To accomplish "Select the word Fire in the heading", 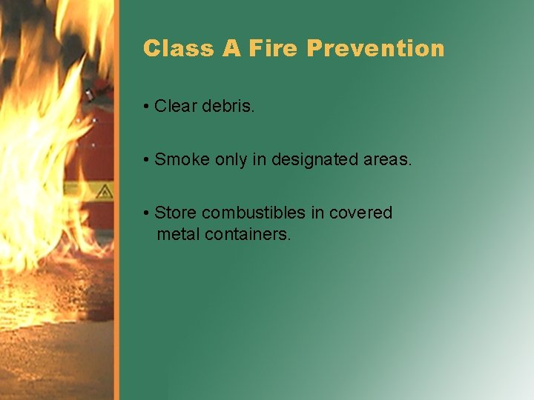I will (x=274, y=49).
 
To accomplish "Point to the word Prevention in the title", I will (x=375, y=49).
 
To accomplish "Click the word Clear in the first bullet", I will (x=176, y=107).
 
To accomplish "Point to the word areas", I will (x=386, y=159).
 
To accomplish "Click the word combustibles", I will (x=254, y=213).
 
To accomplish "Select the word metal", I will (x=178, y=236).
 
